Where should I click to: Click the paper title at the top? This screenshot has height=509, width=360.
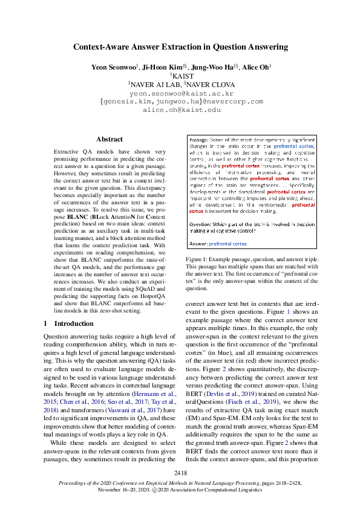180,47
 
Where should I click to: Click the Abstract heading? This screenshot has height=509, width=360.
109,139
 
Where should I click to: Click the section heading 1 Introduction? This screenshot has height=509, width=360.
68,323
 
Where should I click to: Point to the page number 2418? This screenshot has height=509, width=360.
180,472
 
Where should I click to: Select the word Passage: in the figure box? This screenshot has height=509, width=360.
200,139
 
